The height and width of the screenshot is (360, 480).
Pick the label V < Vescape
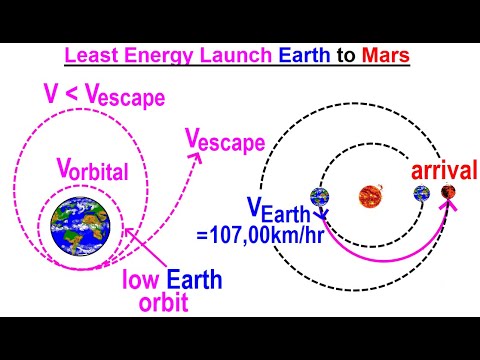point(103,97)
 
